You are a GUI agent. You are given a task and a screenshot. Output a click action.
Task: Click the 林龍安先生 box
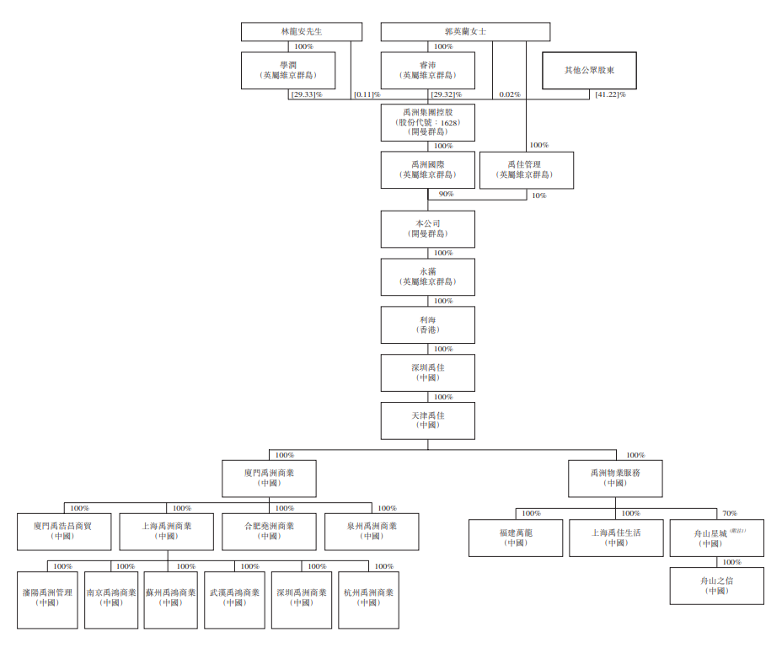[x=302, y=31]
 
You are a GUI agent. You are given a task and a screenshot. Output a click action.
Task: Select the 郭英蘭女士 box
[x=465, y=31]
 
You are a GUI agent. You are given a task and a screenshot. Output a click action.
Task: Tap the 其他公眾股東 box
[x=589, y=70]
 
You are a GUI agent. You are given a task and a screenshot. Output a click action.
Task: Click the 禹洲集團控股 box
[x=427, y=122]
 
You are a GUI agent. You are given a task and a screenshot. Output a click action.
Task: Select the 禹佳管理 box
[x=526, y=170]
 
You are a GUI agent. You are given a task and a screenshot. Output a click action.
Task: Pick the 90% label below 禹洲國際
[x=445, y=195]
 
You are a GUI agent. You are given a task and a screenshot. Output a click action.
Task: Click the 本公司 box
[x=427, y=228]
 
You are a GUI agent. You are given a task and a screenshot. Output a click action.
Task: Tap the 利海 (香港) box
[x=427, y=324]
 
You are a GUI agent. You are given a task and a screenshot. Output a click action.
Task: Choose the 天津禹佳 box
[x=427, y=420]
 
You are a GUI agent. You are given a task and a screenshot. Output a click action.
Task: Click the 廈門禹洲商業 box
[x=269, y=479]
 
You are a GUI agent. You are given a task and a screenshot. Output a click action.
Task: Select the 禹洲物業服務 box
[x=615, y=479]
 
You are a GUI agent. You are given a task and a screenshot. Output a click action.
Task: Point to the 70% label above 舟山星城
[x=729, y=513]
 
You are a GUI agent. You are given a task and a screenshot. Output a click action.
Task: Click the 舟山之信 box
[x=716, y=586]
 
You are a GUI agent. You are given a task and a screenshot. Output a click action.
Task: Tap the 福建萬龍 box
[x=516, y=538]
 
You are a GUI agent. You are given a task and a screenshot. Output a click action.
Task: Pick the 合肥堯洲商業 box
[x=269, y=531]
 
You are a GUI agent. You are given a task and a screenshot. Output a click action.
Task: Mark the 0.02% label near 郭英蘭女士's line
[x=509, y=94]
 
